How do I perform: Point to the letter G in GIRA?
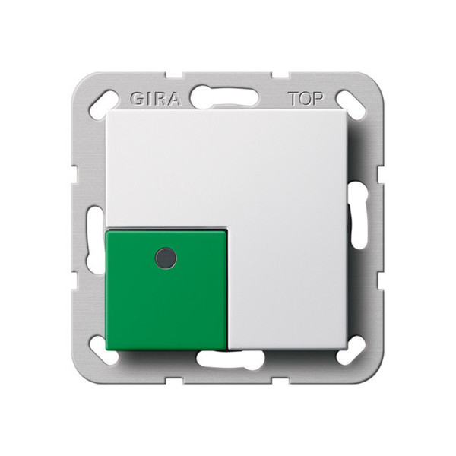[135, 100]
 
